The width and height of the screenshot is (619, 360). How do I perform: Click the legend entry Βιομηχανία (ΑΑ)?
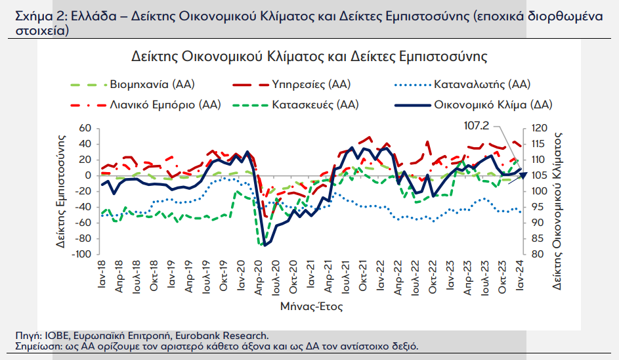pos(133,84)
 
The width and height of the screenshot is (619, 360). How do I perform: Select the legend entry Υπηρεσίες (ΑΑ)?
pos(291,84)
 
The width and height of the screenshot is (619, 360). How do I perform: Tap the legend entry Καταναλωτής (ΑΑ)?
pos(462,84)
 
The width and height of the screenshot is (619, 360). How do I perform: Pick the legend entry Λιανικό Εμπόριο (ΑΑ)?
pos(146,104)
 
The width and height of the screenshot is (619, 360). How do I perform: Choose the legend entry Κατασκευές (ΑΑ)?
pos(295,104)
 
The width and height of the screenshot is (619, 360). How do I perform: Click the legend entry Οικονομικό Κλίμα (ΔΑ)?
pos(473,104)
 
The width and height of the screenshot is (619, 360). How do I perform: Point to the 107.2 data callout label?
pos(476,125)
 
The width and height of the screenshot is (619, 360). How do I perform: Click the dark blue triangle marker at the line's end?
pos(522,175)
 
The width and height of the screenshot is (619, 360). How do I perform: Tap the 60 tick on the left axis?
pos(85,128)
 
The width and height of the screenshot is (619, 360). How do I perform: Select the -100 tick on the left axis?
pos(81,254)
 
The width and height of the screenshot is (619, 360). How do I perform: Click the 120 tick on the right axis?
pos(540,128)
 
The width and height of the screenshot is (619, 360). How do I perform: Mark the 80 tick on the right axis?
pos(537,254)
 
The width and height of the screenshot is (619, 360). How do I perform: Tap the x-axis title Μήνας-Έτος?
pos(312,306)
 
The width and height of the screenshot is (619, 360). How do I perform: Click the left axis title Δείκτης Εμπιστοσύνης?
pos(60,191)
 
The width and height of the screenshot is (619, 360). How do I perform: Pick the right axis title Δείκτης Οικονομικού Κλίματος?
pos(557,211)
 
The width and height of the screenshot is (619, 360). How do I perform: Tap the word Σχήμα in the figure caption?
pos(34,16)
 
